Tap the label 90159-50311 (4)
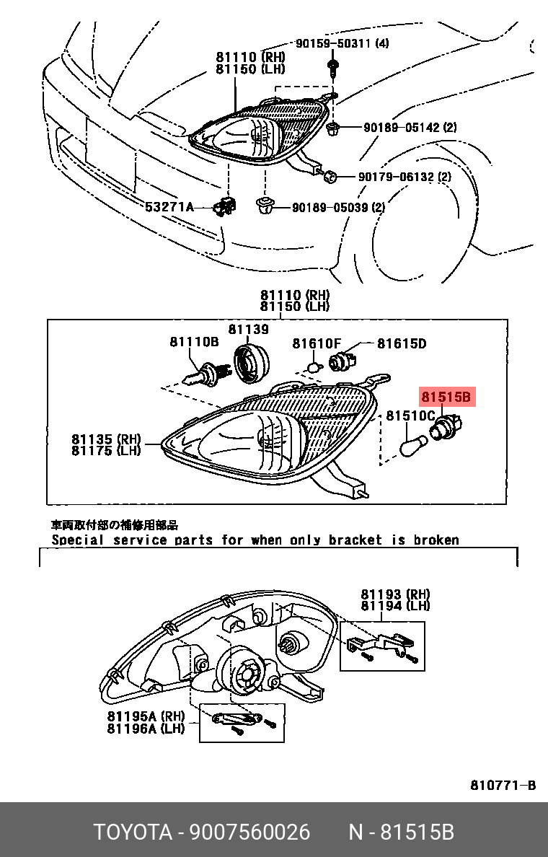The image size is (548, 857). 342,43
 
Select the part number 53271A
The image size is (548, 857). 169,207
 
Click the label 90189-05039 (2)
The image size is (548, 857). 339,208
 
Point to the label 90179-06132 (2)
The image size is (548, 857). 405,177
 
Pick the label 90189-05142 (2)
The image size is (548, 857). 410,128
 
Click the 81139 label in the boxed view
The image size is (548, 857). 249,330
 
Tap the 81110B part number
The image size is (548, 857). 194,342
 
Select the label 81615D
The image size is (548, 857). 402,344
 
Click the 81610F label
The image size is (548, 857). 317,344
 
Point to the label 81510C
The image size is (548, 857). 410,416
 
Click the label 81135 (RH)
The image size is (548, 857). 106,439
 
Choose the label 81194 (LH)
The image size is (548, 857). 395,605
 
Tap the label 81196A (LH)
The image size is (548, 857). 146,728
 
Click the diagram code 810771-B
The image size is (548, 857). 503,786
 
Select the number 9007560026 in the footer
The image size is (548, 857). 249,832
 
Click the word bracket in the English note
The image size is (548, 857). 355,540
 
